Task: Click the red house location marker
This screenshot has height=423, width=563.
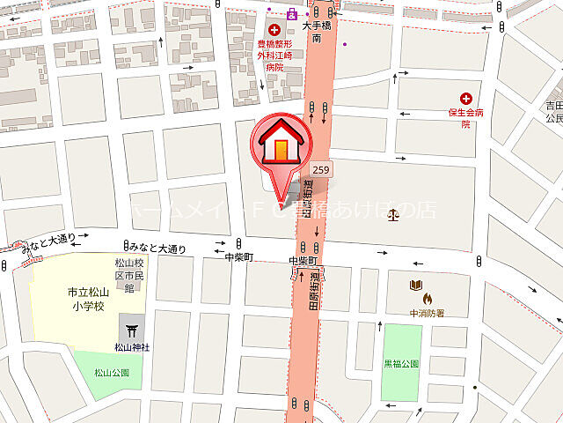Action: [x=281, y=143]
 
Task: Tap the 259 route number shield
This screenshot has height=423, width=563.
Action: [x=321, y=169]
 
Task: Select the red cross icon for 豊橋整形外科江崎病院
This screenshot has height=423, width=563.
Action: [x=274, y=31]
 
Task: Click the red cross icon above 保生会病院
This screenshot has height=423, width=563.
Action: [x=465, y=99]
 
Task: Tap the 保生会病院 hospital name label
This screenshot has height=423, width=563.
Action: [x=465, y=118]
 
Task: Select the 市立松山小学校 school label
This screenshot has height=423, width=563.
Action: [x=88, y=300]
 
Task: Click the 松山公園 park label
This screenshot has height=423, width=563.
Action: [x=112, y=373]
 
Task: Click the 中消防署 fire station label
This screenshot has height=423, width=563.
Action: [x=427, y=312]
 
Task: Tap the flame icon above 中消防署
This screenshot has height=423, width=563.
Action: [x=428, y=299]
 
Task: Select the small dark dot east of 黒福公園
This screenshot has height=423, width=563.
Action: [x=475, y=387]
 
